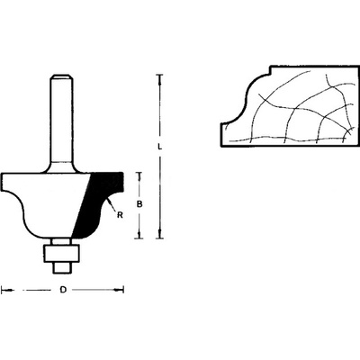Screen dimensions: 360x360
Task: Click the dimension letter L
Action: click(x=160, y=147)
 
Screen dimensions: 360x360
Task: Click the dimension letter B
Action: click(x=139, y=204)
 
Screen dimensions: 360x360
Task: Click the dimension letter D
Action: click(x=63, y=290)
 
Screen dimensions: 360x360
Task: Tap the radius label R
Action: click(x=120, y=215)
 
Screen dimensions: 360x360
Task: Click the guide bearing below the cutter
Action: click(x=62, y=253)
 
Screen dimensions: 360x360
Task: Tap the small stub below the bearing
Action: click(x=62, y=267)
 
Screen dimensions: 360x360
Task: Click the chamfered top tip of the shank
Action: click(x=62, y=77)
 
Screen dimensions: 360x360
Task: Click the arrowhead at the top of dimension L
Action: click(x=160, y=78)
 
